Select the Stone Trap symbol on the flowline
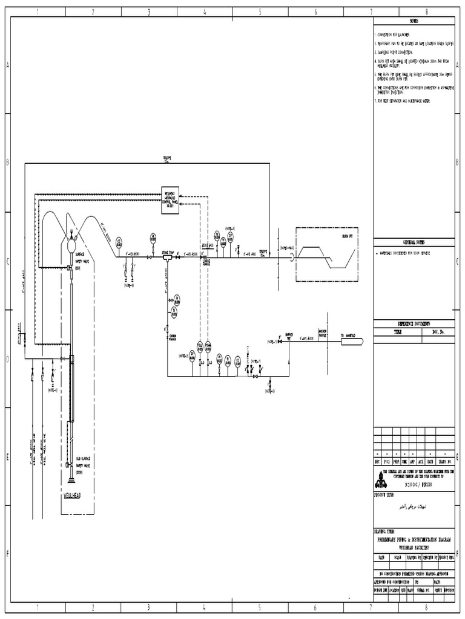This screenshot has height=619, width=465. [167, 257]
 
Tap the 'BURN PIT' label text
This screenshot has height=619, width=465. [346, 237]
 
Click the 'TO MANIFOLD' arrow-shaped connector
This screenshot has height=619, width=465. [351, 342]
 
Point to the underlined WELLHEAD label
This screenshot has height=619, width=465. [72, 494]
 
